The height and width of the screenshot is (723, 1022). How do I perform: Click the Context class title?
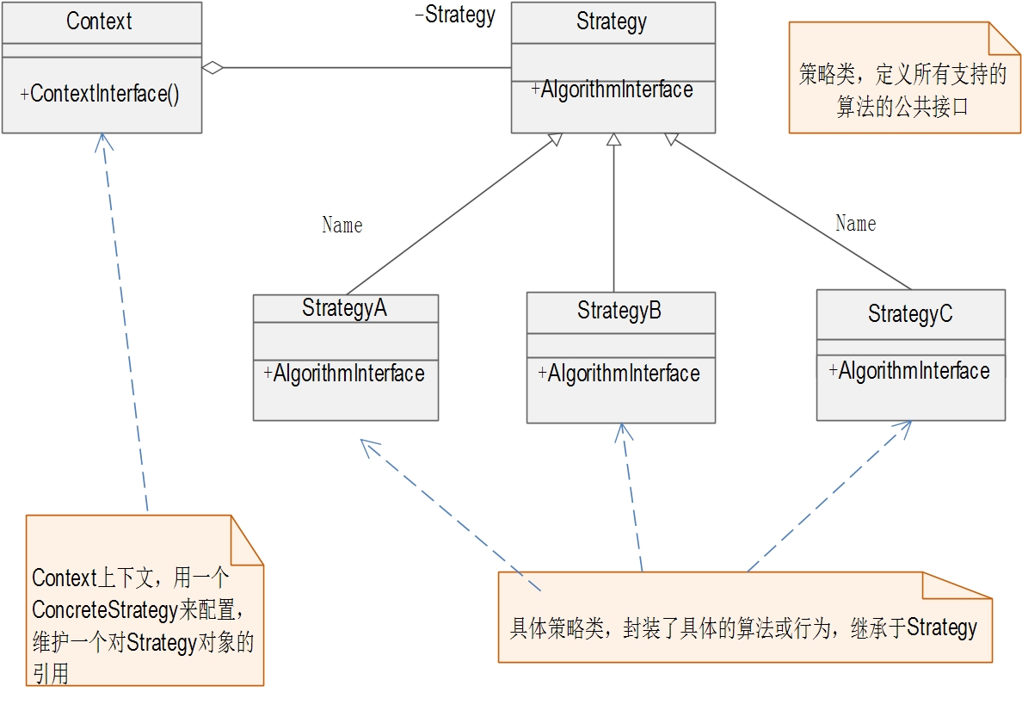[99, 22]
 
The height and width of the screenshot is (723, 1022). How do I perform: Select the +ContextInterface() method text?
[100, 94]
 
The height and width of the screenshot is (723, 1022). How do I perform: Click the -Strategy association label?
[455, 15]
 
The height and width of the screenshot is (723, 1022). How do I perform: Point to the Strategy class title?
[612, 22]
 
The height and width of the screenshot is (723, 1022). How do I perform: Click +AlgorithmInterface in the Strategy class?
[612, 90]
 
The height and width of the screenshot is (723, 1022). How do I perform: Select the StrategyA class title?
[344, 308]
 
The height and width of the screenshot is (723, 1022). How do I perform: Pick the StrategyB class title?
[619, 311]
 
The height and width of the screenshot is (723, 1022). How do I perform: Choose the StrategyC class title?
[910, 314]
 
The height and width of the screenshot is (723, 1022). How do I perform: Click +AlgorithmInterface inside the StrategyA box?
[344, 374]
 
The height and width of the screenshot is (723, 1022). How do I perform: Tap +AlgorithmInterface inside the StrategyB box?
[619, 374]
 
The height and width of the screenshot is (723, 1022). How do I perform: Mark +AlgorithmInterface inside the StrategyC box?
[909, 371]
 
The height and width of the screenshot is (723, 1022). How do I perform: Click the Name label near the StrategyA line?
[342, 226]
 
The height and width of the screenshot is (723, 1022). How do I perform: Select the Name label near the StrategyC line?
[856, 224]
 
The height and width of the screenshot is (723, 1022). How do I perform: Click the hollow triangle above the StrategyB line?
[613, 139]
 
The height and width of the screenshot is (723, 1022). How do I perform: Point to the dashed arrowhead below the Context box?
[103, 141]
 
